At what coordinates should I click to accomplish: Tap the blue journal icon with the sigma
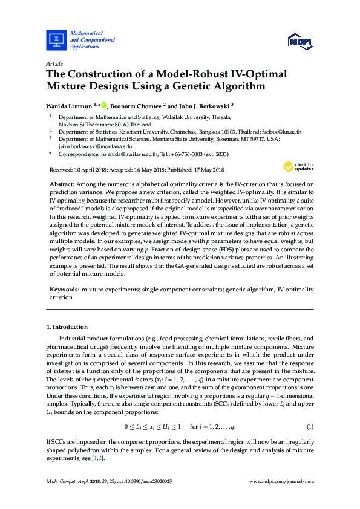click(x=56, y=40)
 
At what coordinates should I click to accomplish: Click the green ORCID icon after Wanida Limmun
click(x=104, y=105)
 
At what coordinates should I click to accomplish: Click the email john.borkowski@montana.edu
click(x=88, y=146)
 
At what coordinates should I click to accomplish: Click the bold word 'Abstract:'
click(x=63, y=183)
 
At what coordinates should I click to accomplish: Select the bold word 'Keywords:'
click(x=64, y=290)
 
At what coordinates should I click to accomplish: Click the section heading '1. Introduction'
click(x=67, y=327)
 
